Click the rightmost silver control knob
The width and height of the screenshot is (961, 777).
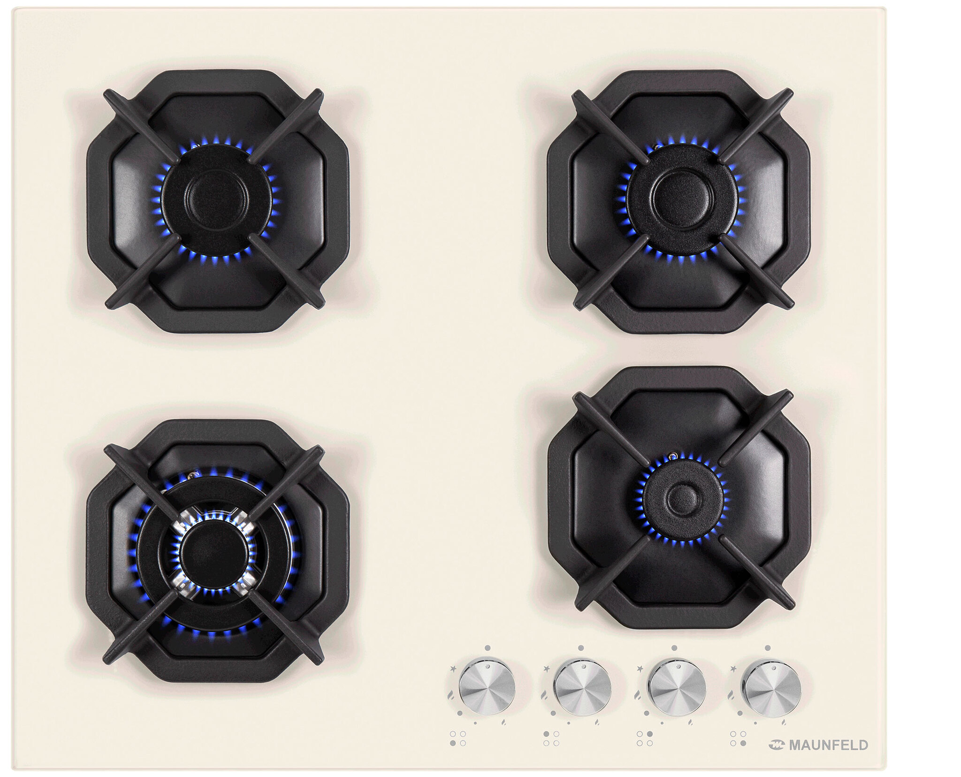coord(771,690)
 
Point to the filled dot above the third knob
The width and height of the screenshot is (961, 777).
coord(674,648)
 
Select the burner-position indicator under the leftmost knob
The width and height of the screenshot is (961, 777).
coord(458,738)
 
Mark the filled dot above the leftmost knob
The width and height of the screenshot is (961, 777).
coord(488,648)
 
